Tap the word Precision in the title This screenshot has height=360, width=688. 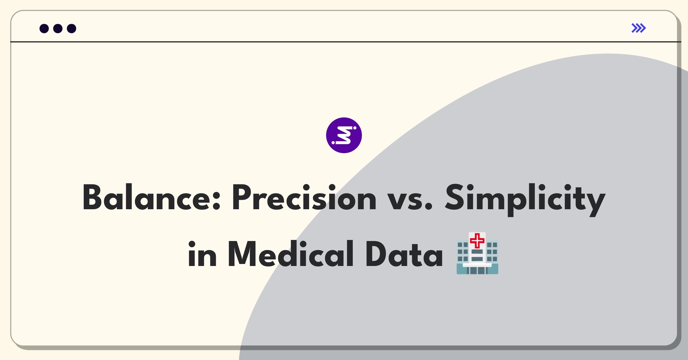[x=304, y=197]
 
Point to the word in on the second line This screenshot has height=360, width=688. [x=202, y=254]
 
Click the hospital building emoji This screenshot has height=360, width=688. [x=477, y=253]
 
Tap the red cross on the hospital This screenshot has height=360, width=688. [x=477, y=241]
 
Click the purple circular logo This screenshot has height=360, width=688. [x=344, y=135]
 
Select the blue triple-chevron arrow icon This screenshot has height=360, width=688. [x=639, y=28]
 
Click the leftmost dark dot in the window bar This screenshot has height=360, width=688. [x=44, y=29]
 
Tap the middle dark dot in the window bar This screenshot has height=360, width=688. [x=58, y=29]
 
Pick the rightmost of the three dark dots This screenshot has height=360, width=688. [x=72, y=29]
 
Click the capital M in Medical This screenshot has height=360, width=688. [x=242, y=254]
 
